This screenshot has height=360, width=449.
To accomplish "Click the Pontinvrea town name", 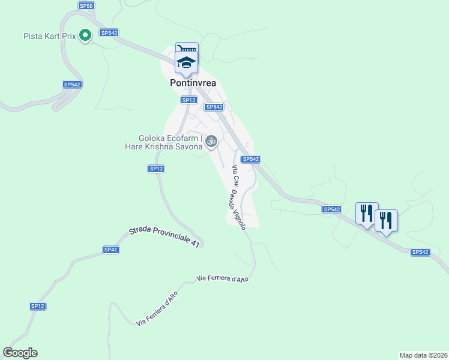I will click(192, 84).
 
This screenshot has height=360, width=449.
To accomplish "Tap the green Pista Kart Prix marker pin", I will click(85, 36).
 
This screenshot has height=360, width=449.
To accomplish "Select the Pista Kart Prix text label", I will click(50, 36).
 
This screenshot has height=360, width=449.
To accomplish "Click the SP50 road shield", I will click(86, 5).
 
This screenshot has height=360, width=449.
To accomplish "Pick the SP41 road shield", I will click(110, 250).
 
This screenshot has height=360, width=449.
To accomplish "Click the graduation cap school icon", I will click(187, 62).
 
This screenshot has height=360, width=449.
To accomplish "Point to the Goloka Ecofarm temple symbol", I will click(210, 142).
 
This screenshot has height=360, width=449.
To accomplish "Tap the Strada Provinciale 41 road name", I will click(164, 236).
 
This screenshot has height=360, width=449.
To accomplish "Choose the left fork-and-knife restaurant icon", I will click(366, 214).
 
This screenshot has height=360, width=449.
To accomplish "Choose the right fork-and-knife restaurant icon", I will click(385, 220).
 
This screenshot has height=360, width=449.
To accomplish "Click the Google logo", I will click(20, 353).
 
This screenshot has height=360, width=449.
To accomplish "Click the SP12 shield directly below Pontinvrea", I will click(188, 100).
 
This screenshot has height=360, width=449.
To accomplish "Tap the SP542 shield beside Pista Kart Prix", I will click(109, 33).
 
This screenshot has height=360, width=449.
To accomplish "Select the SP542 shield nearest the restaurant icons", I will click(331, 209).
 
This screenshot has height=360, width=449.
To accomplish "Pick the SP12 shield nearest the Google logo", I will click(38, 306).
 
